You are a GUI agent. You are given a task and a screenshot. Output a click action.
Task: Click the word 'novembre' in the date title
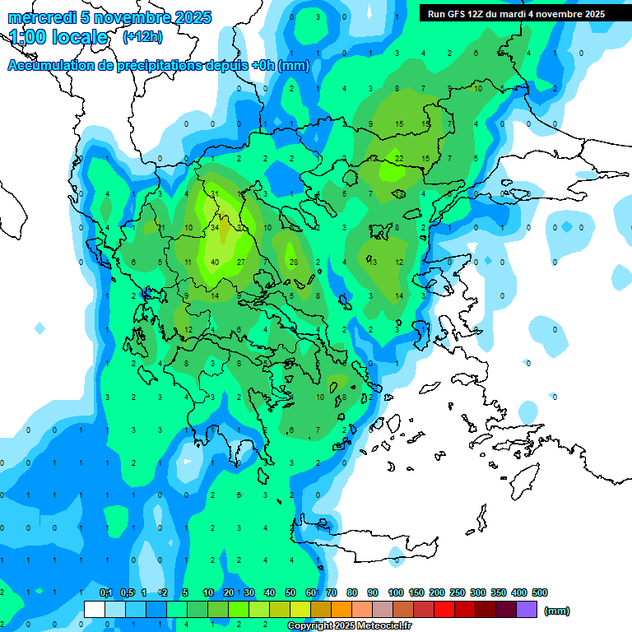[x=128, y=17]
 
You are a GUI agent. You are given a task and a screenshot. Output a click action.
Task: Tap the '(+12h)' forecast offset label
[x=142, y=36]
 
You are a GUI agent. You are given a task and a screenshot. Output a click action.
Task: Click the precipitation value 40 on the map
[x=214, y=263]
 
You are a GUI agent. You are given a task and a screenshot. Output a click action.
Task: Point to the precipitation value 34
[x=214, y=227]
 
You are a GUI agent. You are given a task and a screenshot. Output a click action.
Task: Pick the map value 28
[x=293, y=263]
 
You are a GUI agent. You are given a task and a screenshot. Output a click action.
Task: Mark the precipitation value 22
[x=398, y=158]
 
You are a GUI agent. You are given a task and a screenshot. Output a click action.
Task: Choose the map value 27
[x=240, y=263]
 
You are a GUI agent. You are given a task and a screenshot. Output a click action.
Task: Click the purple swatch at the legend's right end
[x=527, y=610]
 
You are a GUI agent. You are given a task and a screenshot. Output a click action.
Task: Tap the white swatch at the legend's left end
[x=95, y=610]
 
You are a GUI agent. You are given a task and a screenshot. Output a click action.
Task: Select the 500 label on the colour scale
[x=540, y=592]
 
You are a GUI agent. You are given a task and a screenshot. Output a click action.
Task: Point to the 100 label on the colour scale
[x=396, y=592]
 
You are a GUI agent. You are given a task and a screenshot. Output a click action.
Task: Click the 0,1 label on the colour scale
[x=106, y=592]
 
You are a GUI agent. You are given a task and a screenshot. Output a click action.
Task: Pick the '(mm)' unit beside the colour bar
[x=557, y=611]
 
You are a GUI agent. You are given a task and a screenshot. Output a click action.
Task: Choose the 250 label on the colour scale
[x=458, y=592]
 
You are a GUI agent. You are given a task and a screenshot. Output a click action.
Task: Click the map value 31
[x=214, y=193]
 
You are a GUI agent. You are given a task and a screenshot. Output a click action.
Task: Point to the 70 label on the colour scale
[x=332, y=592]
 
